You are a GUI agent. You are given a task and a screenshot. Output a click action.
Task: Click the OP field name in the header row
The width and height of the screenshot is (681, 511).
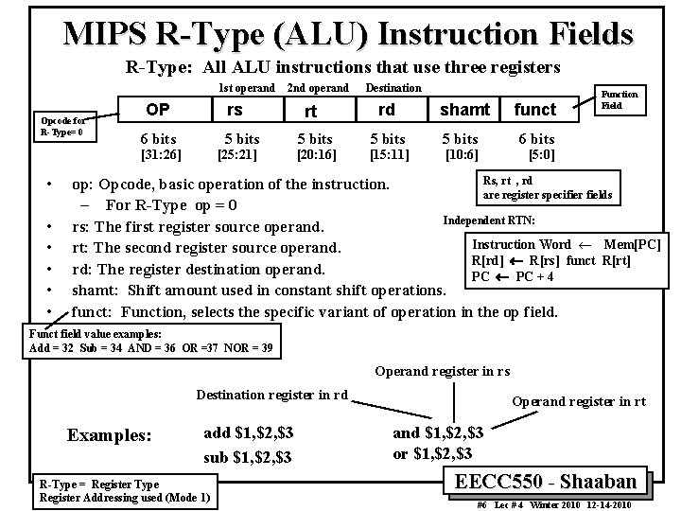[157, 110]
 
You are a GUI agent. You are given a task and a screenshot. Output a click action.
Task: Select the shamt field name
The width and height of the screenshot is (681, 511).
[464, 111]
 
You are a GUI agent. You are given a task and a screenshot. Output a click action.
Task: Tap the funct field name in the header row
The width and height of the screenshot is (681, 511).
[535, 111]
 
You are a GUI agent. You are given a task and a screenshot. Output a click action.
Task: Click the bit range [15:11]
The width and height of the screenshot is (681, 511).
[389, 153]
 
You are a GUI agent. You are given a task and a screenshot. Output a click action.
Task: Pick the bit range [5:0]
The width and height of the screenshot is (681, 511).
[542, 153]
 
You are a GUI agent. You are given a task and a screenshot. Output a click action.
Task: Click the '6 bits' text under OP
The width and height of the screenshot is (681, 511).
[158, 137]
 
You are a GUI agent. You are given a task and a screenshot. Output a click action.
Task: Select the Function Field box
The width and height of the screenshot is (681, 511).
[620, 99]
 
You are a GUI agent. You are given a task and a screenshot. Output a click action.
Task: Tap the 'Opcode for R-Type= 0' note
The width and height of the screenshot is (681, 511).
[62, 127]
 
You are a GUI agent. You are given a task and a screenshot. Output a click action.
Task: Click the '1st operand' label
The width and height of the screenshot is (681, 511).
[247, 88]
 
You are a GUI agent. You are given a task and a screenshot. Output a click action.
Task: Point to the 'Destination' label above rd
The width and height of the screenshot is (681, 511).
[393, 88]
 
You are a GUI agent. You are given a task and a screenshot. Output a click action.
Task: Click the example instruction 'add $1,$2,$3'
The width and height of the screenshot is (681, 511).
[249, 432]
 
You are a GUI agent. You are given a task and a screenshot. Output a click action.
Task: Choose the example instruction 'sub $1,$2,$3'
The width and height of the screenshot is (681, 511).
[249, 458]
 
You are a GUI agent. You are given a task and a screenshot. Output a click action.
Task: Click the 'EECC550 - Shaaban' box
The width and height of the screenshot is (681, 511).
[552, 481]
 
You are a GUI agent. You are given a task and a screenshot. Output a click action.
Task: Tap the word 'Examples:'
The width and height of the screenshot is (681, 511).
[109, 436]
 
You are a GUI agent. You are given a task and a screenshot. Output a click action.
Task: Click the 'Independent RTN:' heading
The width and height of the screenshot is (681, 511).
[489, 220]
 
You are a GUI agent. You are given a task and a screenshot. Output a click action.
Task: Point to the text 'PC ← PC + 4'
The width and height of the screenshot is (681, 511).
[512, 276]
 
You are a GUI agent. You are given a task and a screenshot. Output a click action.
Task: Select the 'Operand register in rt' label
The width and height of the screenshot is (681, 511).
[579, 401]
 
